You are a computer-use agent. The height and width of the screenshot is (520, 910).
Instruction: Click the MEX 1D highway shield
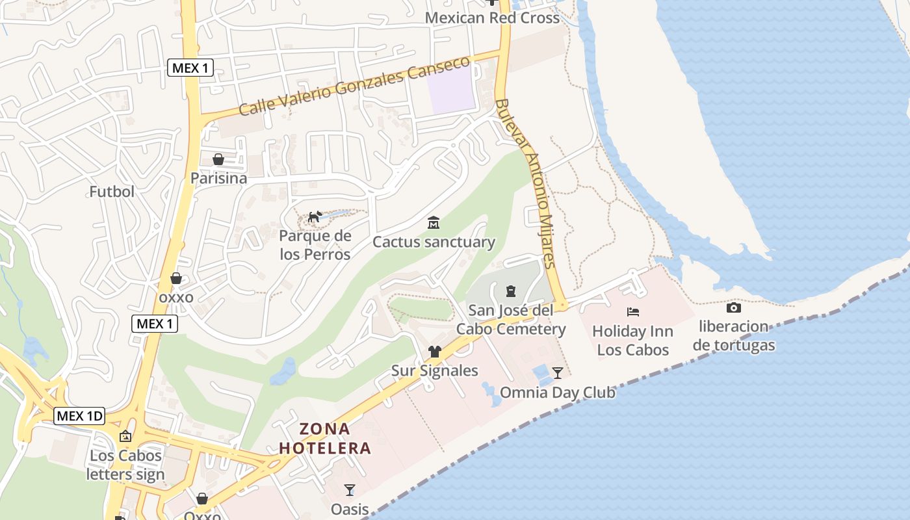pos(79,416)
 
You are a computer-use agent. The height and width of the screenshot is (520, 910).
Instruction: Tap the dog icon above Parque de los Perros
pos(315,216)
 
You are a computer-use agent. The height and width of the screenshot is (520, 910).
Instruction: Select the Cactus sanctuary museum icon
pos(434,223)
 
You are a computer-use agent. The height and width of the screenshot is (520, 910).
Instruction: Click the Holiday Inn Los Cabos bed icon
pos(632,312)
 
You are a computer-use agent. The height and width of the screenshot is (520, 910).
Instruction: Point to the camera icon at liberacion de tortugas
pos(733,307)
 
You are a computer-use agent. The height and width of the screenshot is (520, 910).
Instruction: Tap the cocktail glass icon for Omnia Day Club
pos(557,373)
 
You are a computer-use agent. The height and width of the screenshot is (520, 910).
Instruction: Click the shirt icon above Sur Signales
pos(434,352)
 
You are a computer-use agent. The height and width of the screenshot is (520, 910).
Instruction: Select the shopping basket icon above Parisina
pos(218,159)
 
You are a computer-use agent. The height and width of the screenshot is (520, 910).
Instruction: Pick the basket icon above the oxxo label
pos(176,278)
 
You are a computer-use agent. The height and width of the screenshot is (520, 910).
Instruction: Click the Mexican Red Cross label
pos(492,18)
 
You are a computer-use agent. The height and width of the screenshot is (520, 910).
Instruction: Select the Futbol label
pos(112,192)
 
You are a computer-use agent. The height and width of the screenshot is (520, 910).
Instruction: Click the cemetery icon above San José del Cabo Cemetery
pos(510,291)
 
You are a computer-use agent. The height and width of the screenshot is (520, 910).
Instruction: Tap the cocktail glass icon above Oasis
pos(350,489)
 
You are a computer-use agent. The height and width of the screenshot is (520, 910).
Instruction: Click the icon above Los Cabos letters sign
pos(125,436)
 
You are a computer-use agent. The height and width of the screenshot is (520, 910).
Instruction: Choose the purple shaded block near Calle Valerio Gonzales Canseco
pos(451,90)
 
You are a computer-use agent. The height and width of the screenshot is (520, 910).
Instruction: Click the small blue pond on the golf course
pos(283,372)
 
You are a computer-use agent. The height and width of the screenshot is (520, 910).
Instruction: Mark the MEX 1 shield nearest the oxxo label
pos(155,323)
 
